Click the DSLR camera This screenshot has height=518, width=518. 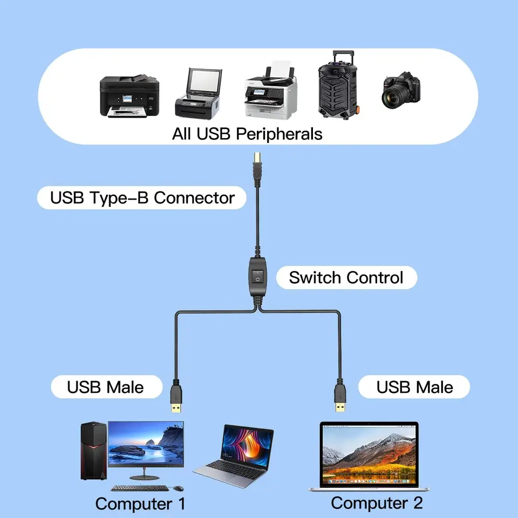[401, 90]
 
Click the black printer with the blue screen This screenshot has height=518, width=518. [129, 96]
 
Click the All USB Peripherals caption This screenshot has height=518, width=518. [247, 133]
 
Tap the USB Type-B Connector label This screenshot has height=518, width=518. [142, 197]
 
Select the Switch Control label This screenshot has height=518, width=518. [346, 278]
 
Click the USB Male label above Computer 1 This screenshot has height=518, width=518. [106, 387]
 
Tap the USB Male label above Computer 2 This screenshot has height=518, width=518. [414, 387]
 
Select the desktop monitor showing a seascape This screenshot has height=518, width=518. [146, 445]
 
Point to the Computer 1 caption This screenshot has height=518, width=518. [140, 503]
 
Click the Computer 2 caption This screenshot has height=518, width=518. [377, 502]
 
